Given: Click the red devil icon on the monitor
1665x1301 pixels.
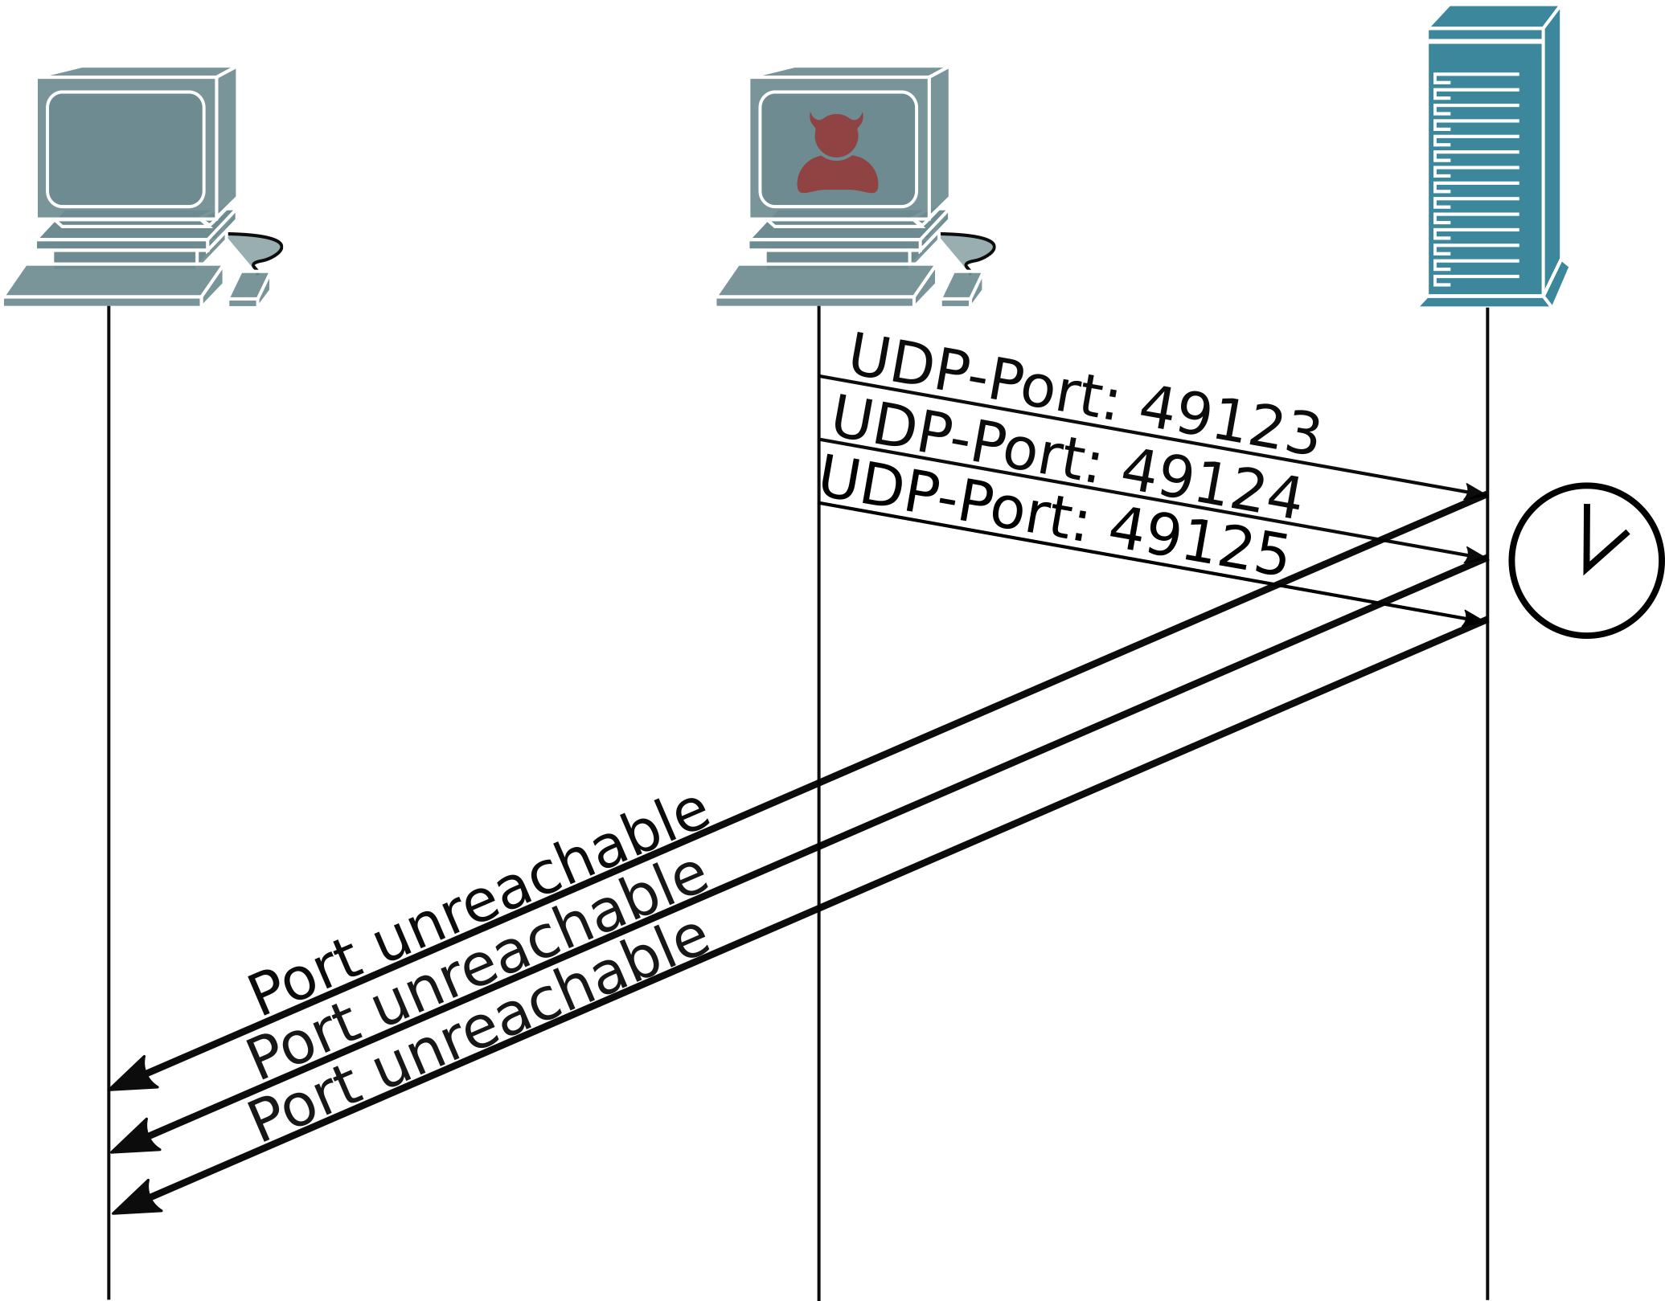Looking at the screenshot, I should click(837, 154).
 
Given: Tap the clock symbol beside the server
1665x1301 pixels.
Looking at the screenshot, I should click(1586, 561).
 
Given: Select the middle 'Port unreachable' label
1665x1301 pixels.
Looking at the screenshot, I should click(478, 968).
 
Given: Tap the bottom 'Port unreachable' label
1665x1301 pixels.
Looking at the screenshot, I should click(478, 1031).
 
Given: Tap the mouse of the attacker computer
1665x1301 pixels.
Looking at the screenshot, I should click(962, 288).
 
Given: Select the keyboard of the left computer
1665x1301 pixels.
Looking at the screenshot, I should click(113, 285).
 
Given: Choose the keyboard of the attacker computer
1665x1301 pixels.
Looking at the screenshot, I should click(825, 285).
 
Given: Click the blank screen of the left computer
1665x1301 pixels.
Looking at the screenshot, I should click(125, 149).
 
